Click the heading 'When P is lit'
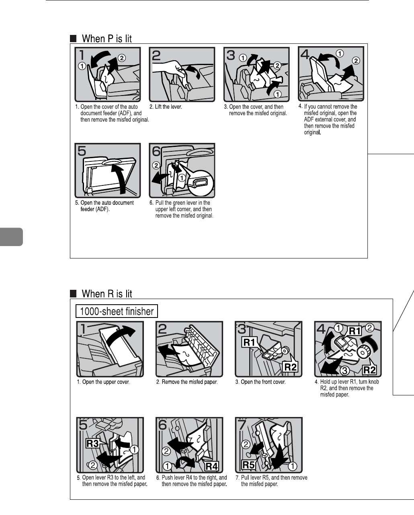(107, 39)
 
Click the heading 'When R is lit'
(107, 294)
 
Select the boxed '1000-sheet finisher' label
(117, 311)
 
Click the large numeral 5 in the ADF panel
(82, 151)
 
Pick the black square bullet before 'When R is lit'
(73, 294)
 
